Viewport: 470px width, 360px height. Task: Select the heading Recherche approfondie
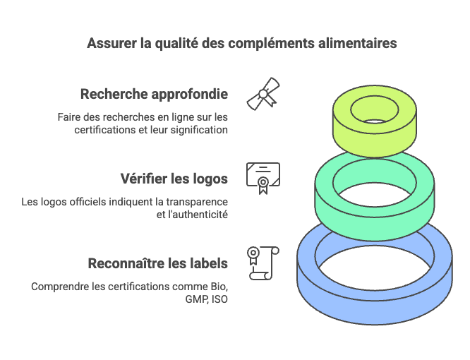pyautogui.click(x=154, y=95)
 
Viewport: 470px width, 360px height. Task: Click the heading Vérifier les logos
pyautogui.click(x=174, y=179)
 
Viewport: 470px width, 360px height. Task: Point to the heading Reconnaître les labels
pyautogui.click(x=158, y=263)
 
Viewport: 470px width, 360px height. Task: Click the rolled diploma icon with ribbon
pyautogui.click(x=263, y=94)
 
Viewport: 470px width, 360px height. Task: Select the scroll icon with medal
pyautogui.click(x=263, y=263)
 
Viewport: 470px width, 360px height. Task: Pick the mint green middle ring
pyautogui.click(x=375, y=222)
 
